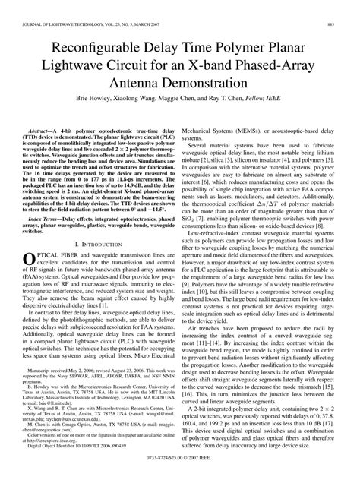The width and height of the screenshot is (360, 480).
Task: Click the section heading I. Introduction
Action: [101, 244]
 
